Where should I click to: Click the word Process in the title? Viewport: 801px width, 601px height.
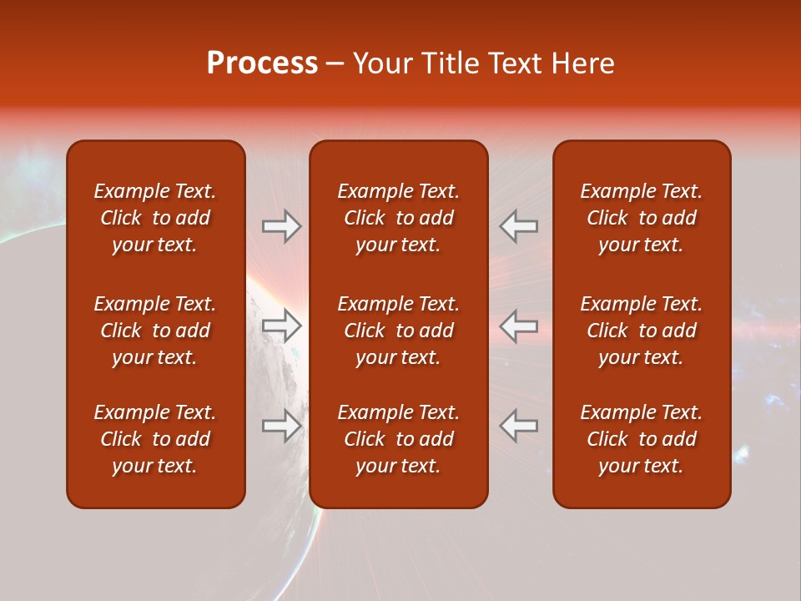pyautogui.click(x=262, y=63)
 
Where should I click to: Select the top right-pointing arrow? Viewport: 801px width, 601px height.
pyautogui.click(x=281, y=226)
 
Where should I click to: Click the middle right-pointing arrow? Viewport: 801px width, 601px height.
pyautogui.click(x=281, y=326)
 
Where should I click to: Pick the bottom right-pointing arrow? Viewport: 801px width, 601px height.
pyautogui.click(x=281, y=426)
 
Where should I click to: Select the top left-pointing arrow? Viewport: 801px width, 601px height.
pyautogui.click(x=519, y=226)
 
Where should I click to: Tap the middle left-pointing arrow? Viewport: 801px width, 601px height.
pyautogui.click(x=519, y=326)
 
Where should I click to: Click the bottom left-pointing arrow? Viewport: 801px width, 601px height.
pyautogui.click(x=519, y=426)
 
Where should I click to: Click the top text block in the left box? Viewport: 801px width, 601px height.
pyautogui.click(x=155, y=218)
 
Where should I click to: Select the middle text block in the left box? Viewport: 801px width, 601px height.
pyautogui.click(x=155, y=331)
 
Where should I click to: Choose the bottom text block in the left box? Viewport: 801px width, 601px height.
pyautogui.click(x=155, y=439)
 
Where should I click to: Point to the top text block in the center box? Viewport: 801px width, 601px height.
pyautogui.click(x=399, y=218)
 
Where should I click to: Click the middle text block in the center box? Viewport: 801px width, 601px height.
pyautogui.click(x=399, y=331)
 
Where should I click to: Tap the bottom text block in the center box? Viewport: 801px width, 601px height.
pyautogui.click(x=399, y=439)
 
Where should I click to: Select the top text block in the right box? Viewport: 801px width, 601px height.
pyautogui.click(x=642, y=218)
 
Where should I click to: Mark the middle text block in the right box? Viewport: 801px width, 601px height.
pyautogui.click(x=642, y=331)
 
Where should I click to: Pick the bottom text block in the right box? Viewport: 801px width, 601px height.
pyautogui.click(x=642, y=439)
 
